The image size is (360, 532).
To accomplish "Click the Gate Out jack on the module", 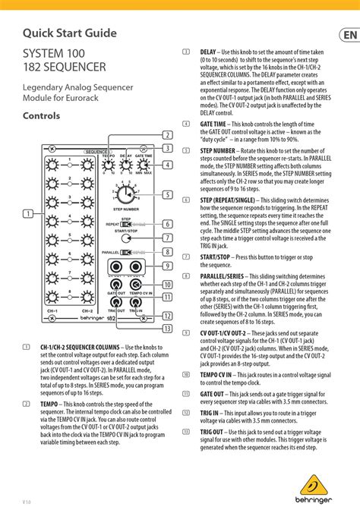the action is tap(116, 285).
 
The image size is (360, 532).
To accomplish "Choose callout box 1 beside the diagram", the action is tap(27, 213).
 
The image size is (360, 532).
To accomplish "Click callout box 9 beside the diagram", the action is tap(167, 265).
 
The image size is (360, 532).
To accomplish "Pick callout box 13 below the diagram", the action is tap(167, 329).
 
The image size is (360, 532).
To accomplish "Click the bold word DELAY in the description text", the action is tap(208, 52).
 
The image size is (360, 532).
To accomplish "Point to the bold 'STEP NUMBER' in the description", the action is tap(218, 151).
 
